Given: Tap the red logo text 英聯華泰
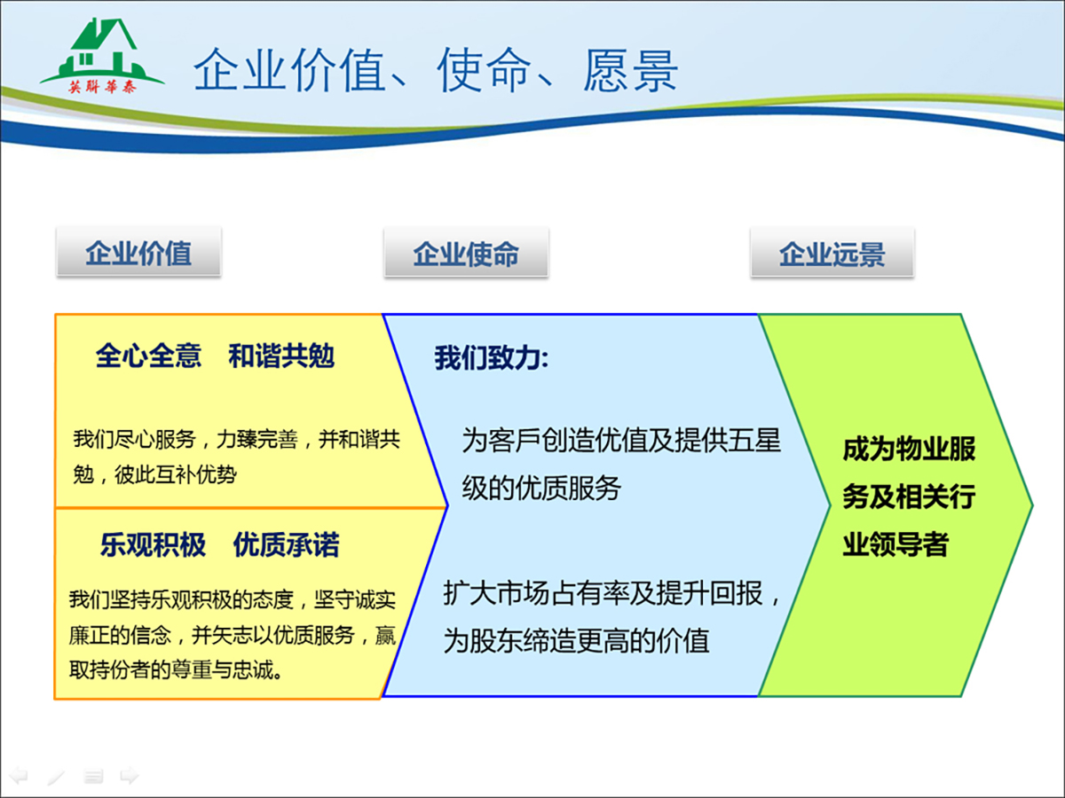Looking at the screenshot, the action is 102,87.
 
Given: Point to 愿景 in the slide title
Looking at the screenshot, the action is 630,71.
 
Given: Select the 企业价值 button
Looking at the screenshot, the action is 138,252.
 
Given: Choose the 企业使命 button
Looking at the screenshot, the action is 466,253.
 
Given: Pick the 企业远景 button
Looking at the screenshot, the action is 832,253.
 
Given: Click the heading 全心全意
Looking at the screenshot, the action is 148,356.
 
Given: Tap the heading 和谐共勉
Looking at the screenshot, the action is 281,356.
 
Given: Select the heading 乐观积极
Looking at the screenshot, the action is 154,544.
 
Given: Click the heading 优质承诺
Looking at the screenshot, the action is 287,544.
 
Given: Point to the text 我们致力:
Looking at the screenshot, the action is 491,358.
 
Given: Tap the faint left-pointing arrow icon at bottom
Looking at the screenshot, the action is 20,775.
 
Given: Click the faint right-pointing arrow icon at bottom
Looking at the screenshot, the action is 129,775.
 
